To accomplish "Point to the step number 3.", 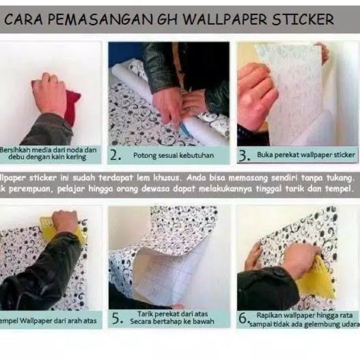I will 244,156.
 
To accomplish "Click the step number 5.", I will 116,319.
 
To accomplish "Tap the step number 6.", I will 243,319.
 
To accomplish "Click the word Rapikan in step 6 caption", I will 269,315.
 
